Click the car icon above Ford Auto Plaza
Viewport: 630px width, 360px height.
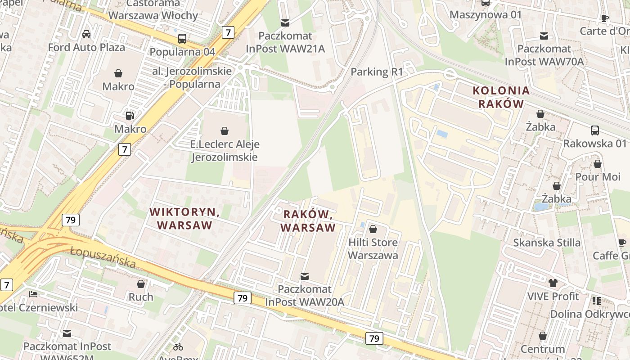tap(86, 34)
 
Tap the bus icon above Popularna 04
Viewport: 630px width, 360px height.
tap(182, 39)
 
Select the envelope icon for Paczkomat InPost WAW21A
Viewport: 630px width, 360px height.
tap(285, 22)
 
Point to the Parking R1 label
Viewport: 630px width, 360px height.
tap(377, 72)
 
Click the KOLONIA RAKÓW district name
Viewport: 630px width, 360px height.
tap(501, 97)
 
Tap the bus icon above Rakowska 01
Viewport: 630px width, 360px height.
tap(594, 130)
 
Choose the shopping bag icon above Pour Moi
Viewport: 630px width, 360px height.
tap(598, 164)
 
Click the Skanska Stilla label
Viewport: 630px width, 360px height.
tap(547, 243)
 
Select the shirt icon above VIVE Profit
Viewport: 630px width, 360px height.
tap(553, 283)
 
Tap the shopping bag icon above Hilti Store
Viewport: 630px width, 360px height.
tap(373, 229)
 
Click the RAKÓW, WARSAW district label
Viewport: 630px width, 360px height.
tap(308, 220)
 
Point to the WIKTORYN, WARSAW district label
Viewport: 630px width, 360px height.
tap(184, 218)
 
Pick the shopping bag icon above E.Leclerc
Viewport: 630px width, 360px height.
tap(224, 131)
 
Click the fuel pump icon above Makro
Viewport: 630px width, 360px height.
tap(130, 116)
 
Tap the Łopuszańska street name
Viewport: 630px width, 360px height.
tap(103, 256)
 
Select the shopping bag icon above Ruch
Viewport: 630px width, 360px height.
tap(141, 284)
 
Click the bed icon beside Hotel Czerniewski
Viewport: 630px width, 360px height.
tap(33, 294)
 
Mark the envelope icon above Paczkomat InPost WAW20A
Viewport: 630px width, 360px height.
tap(305, 276)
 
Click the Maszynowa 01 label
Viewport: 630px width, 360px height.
tap(486, 14)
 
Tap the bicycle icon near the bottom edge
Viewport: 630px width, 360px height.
tap(178, 347)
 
